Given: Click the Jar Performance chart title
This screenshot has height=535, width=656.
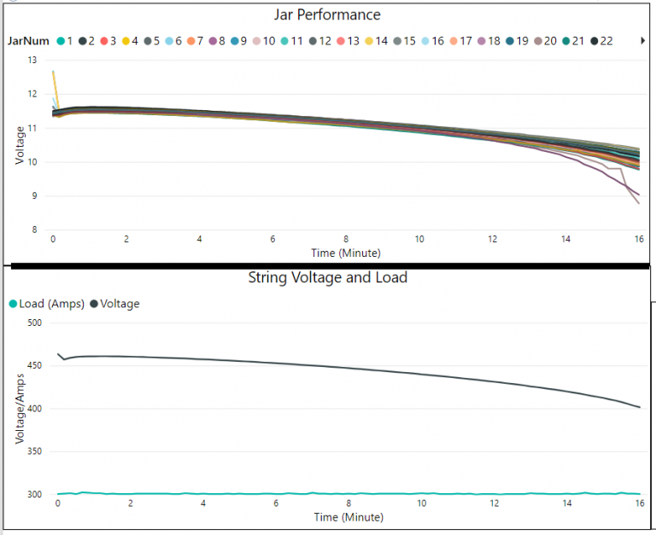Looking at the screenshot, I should (x=327, y=15).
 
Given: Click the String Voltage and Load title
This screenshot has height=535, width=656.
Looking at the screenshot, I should (x=327, y=277).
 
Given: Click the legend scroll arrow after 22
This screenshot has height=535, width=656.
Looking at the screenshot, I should (x=642, y=41).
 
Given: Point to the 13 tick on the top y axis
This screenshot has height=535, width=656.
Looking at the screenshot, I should (x=32, y=61).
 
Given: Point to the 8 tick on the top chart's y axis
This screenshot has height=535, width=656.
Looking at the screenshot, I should (x=35, y=230).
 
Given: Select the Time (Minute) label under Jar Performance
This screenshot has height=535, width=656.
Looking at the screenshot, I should (x=345, y=253).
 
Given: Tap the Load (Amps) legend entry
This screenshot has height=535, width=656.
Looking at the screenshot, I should (x=46, y=304).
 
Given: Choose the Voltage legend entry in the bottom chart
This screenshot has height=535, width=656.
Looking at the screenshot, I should (x=114, y=304).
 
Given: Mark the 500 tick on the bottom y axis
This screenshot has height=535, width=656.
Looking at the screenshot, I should (x=35, y=323).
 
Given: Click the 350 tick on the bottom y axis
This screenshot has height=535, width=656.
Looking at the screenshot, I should (x=35, y=451).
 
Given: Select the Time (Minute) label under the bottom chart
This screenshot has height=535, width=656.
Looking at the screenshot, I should (x=348, y=517).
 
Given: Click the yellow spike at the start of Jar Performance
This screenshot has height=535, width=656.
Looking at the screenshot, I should (x=54, y=75).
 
